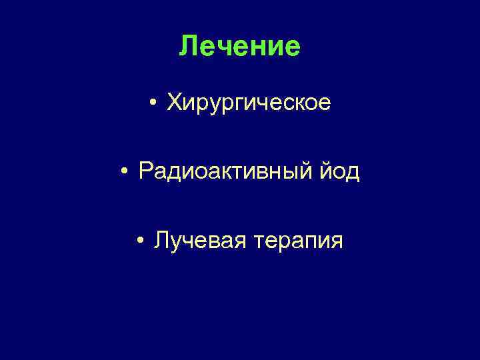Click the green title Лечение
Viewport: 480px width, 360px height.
(240, 47)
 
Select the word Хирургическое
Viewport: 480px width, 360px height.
(249, 103)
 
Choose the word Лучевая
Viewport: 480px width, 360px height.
(195, 241)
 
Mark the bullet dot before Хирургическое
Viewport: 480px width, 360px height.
(153, 103)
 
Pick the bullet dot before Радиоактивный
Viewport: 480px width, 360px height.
(125, 172)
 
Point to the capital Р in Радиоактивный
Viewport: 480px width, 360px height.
(147, 171)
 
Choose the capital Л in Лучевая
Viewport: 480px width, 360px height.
(161, 240)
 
